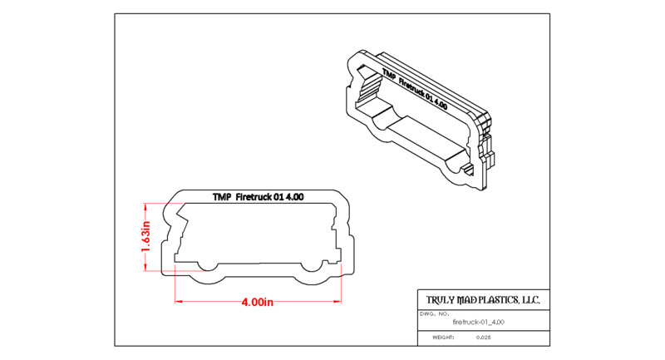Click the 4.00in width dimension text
coord(257,303)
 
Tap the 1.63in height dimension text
coord(145,236)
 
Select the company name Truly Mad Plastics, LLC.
coord(483,300)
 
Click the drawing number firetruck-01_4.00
coord(479,322)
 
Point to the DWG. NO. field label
coord(434,314)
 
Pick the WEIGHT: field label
coord(443,338)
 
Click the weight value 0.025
coord(484,338)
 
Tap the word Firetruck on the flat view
coord(254,197)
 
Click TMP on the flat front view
coord(222,197)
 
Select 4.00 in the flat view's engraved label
coord(294,197)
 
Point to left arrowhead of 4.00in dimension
coord(179,302)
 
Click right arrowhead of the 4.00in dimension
coord(337,302)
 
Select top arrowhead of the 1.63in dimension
coord(145,207)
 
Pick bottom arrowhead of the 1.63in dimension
coord(145,267)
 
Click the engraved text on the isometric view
coord(414,89)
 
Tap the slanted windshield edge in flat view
coord(181,210)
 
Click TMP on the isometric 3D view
coord(389,73)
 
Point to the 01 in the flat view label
coord(278,197)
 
